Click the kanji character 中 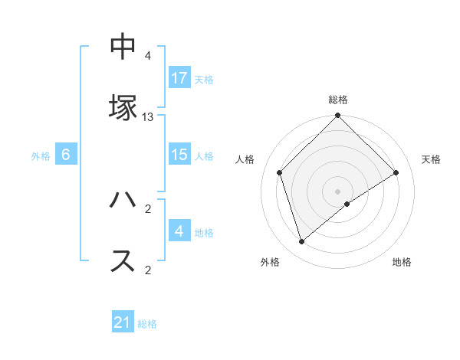click(x=123, y=47)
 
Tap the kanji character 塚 click(x=123, y=106)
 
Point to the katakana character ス click(x=123, y=260)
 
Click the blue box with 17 click(x=179, y=78)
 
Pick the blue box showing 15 click(x=179, y=155)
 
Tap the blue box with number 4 click(x=179, y=231)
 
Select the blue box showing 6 click(x=66, y=155)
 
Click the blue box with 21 click(x=123, y=322)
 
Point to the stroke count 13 click(x=148, y=116)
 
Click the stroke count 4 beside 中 click(x=148, y=56)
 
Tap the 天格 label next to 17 click(x=204, y=79)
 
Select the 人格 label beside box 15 click(x=204, y=155)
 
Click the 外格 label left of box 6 click(x=41, y=155)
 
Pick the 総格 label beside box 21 click(x=147, y=323)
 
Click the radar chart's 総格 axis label click(x=338, y=100)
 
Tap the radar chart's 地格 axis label click(x=402, y=262)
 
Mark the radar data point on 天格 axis click(x=396, y=172)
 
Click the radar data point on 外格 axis click(x=302, y=242)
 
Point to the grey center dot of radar click(x=338, y=191)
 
